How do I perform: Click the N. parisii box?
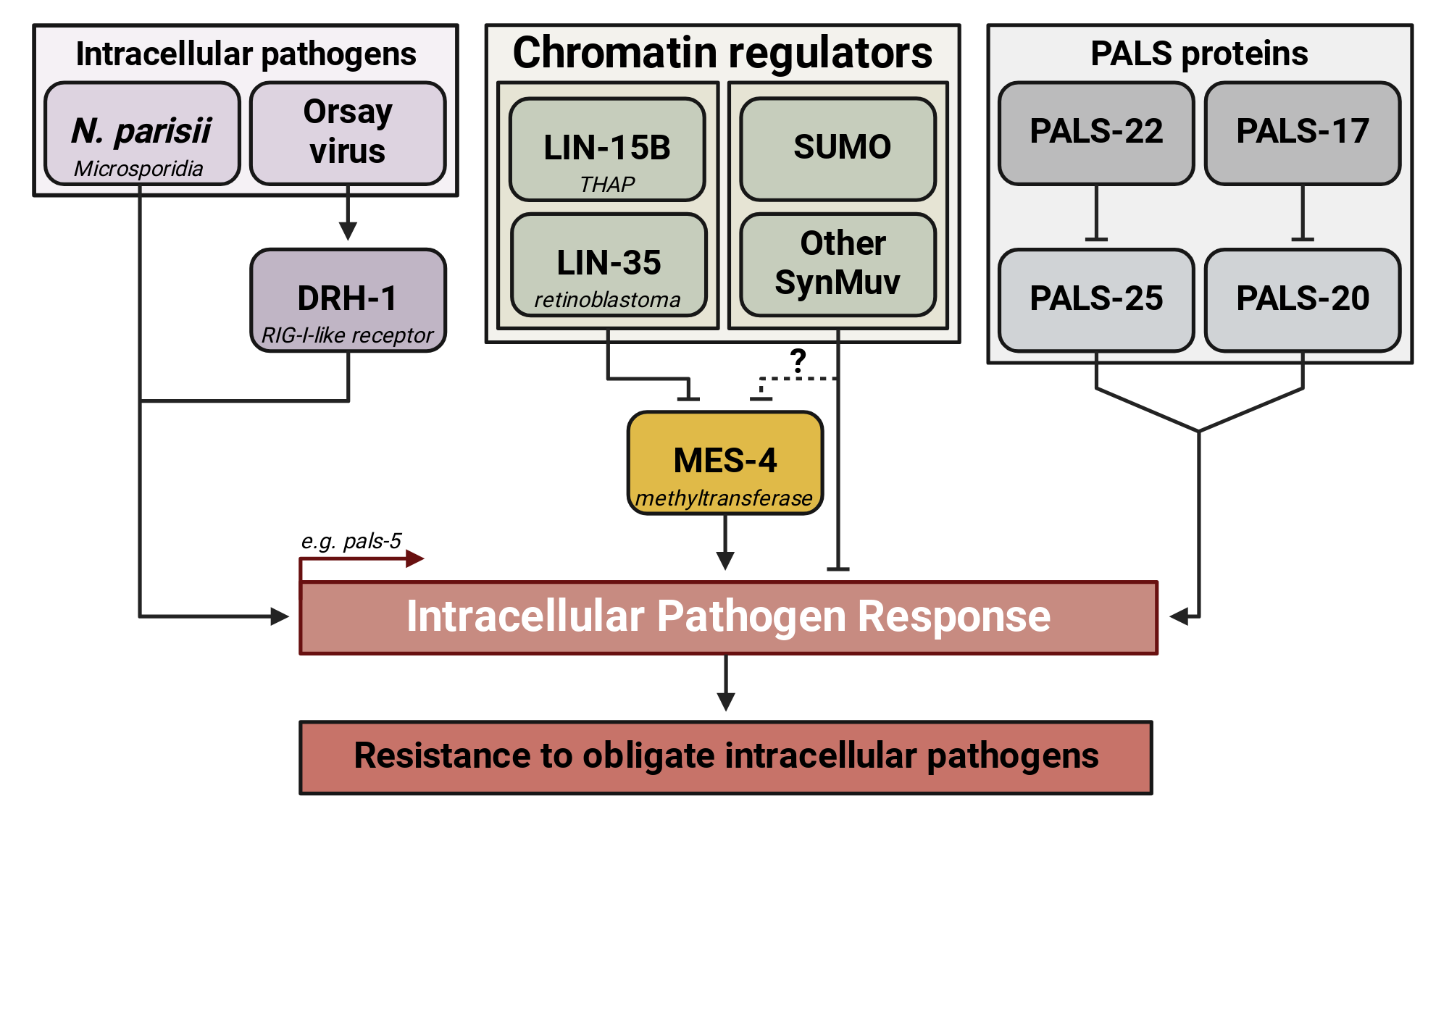click(142, 133)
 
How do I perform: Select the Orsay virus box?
click(348, 133)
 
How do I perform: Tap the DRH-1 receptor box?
click(348, 301)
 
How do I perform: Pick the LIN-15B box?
click(607, 149)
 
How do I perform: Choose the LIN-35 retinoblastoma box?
click(609, 265)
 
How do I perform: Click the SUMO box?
click(838, 149)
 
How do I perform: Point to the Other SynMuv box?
click(838, 265)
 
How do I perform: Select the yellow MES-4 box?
click(725, 463)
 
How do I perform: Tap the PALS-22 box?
click(1096, 133)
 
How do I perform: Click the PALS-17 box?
click(1303, 133)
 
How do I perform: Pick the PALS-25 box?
click(1096, 301)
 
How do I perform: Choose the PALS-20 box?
click(1303, 301)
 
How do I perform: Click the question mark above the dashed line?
click(798, 360)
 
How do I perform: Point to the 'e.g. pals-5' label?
click(351, 541)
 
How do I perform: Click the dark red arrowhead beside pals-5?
click(415, 558)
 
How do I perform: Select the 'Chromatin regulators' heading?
click(722, 53)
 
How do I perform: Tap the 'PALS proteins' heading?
click(1199, 53)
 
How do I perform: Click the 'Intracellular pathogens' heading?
click(246, 54)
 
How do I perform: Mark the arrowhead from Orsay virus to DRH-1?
click(348, 231)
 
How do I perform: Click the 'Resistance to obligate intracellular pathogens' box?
click(726, 758)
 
